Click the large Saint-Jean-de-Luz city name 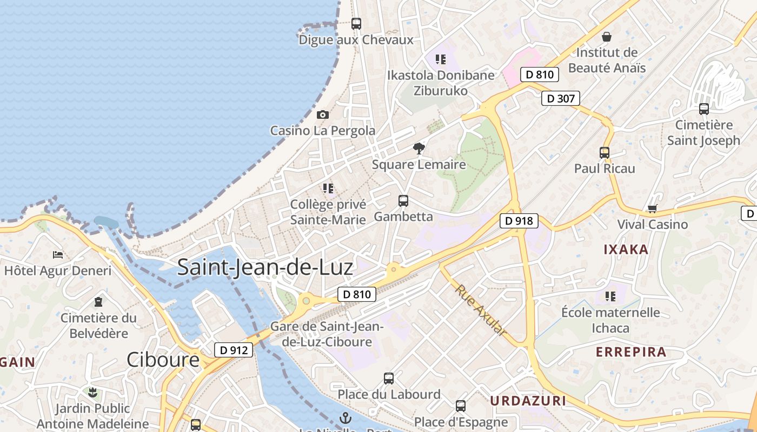point(265,267)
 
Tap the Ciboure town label point(163,360)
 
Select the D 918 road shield point(519,220)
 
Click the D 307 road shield point(561,98)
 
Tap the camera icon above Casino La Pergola point(323,114)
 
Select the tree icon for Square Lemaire point(419,148)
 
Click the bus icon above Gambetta point(403,201)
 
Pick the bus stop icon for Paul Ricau point(605,153)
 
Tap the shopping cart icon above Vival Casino point(652,208)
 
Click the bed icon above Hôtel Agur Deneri point(58,254)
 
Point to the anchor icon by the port point(345,417)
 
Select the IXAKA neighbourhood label point(626,249)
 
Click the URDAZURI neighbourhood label point(528,401)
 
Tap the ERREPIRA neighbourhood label point(631,352)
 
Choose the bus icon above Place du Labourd point(389,379)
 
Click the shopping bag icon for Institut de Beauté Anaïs point(607,37)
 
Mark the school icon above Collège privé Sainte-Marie point(328,188)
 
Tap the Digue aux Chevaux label point(356,39)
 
